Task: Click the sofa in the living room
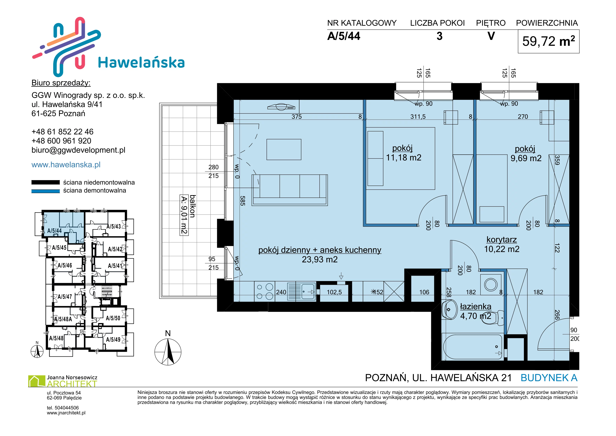click(289, 190)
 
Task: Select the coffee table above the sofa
click(284, 149)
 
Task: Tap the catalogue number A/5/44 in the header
click(344, 36)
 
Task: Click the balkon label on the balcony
click(192, 206)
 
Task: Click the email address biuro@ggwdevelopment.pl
click(78, 150)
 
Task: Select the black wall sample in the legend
click(46, 182)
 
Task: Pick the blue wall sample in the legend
click(46, 191)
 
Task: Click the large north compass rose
click(168, 352)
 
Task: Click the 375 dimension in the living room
click(297, 117)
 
